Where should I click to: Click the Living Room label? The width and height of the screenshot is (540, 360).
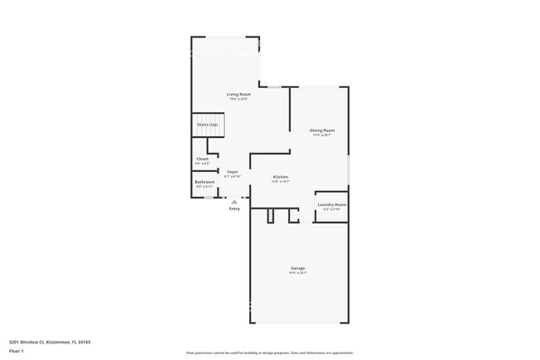pos(238,94)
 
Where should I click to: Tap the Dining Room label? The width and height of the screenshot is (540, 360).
pos(322,130)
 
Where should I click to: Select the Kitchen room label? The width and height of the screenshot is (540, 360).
pos(281,176)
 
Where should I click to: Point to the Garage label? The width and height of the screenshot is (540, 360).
pos(297,268)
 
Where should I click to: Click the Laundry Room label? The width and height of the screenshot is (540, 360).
pos(331,204)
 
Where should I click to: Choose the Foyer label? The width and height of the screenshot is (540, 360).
pos(233,171)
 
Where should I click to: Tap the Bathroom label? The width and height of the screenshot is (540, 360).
pos(204,182)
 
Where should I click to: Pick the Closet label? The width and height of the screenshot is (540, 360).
pos(202,159)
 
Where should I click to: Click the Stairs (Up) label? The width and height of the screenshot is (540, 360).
pos(208,125)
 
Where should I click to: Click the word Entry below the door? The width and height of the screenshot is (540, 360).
pos(234,209)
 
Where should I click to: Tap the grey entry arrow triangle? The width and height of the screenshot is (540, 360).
pos(234,201)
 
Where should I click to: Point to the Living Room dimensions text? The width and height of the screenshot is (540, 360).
pos(238,99)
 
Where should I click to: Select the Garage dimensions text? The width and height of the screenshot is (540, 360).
pos(297,273)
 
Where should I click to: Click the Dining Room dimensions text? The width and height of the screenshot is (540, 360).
pos(322,135)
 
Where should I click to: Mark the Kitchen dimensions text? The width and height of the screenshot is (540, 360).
pos(281,181)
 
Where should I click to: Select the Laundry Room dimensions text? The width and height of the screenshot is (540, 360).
pos(331,209)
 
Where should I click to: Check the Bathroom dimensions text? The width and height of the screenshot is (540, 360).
pos(204,187)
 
